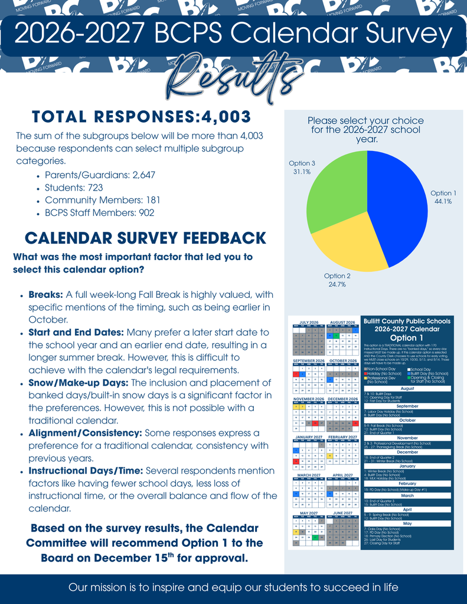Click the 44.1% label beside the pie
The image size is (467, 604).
(x=443, y=202)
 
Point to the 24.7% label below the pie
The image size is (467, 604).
(x=337, y=284)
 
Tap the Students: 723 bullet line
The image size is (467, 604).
(x=74, y=188)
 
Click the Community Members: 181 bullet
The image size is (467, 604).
(x=102, y=200)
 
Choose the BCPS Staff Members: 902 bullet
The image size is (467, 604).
(x=99, y=213)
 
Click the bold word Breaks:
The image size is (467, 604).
(x=46, y=294)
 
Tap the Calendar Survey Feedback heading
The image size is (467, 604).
(x=145, y=238)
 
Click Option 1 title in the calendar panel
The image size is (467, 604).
(x=407, y=338)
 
